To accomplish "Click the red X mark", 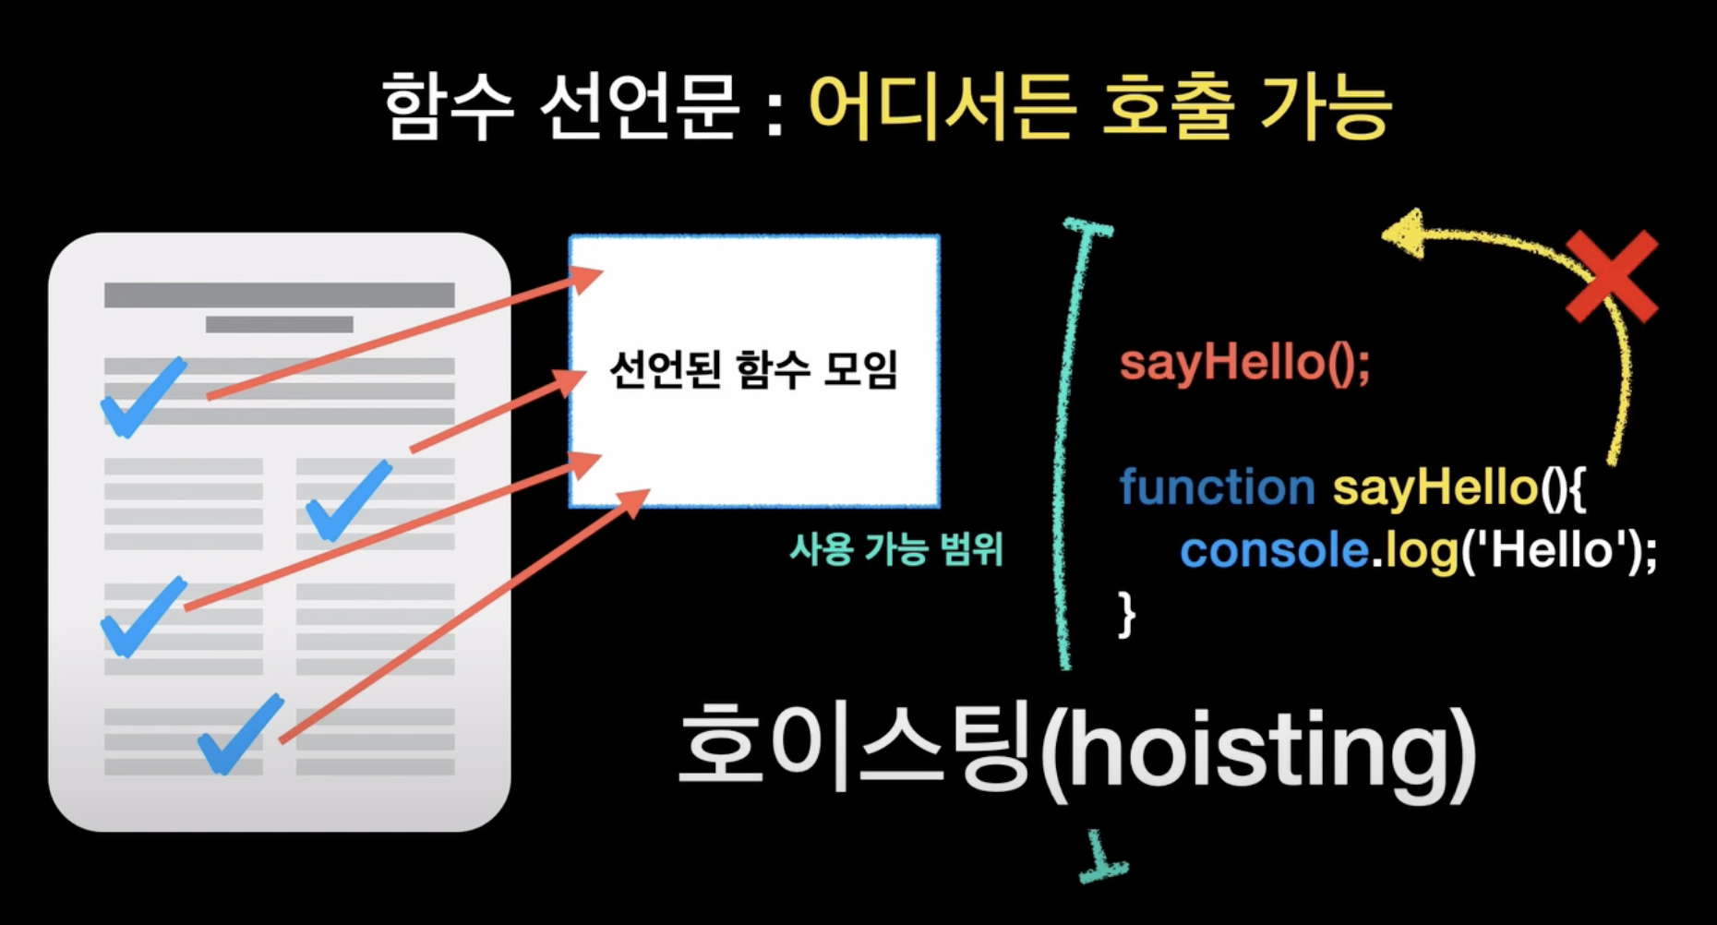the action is coord(1612,276).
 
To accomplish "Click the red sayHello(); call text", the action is coord(1245,362).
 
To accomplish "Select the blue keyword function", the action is coord(1217,487).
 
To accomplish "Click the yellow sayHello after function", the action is coord(1435,487).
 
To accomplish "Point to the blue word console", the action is coord(1274,551).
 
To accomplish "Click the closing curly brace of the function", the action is coord(1126,614).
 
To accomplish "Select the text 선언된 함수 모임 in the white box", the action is coord(753,370).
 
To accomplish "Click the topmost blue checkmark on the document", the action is coord(144,396).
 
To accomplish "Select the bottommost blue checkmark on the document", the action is coord(240,734).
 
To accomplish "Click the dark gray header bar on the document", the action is coord(280,294).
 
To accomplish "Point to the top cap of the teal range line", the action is coord(1089,227).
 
